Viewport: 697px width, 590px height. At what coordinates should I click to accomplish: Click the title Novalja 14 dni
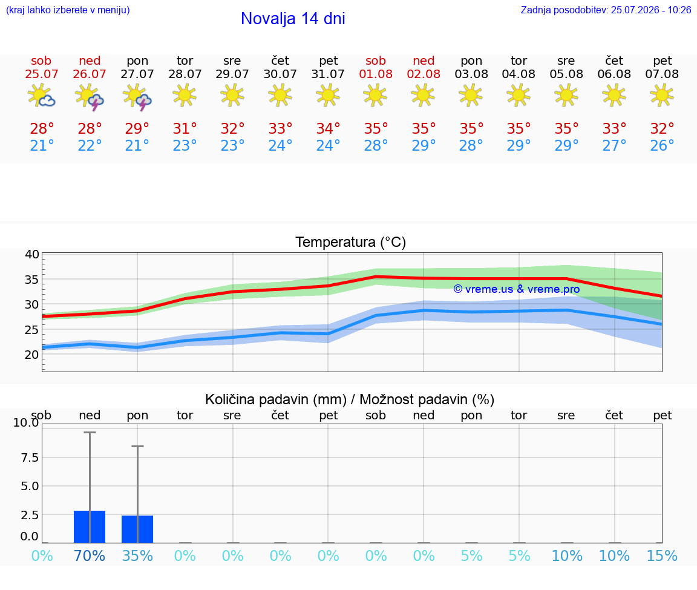point(293,19)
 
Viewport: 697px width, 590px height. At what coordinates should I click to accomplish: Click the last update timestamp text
point(606,10)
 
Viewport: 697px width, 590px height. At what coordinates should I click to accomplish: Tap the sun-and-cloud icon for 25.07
point(41,96)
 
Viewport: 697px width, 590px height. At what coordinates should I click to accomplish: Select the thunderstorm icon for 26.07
point(90,96)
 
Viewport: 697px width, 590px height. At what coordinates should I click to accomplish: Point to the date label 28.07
point(185,74)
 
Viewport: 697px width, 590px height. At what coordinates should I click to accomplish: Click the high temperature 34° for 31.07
point(328,128)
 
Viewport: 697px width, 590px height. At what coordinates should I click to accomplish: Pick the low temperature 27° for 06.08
point(614,145)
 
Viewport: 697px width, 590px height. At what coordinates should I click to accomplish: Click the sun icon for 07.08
point(662,95)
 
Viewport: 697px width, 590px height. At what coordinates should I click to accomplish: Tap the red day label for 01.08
point(376,61)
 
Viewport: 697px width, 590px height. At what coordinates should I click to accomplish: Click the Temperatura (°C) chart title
point(351,242)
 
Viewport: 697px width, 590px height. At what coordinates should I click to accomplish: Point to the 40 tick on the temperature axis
point(32,254)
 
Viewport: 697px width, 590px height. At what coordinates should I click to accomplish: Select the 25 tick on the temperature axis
point(32,329)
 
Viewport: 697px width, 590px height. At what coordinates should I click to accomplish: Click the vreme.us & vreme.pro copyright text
point(517,289)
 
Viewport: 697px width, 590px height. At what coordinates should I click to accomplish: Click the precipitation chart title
point(350,399)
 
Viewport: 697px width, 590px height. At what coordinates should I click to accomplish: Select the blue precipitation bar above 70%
point(90,527)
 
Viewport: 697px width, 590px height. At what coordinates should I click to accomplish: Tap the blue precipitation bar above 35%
point(137,529)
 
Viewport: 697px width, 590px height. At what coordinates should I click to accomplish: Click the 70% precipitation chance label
point(90,556)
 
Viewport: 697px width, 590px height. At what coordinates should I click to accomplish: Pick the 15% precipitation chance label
point(662,556)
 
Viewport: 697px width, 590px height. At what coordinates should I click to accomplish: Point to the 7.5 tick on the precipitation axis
point(30,457)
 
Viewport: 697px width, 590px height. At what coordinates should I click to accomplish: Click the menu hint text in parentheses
point(68,10)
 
